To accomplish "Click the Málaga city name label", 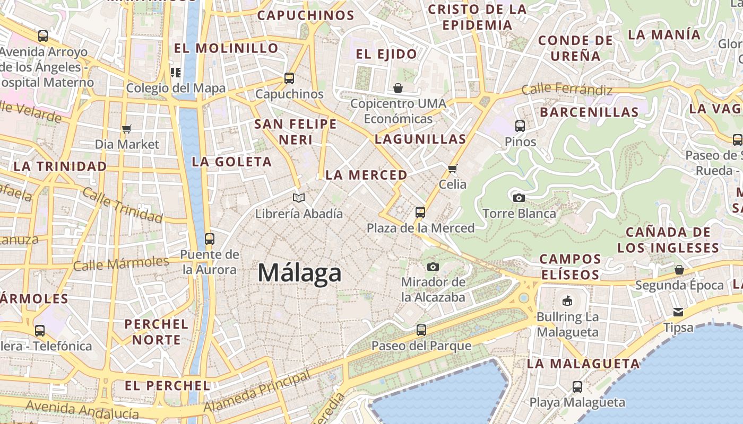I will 299,273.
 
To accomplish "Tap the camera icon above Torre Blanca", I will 519,198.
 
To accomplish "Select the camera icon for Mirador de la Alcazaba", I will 433,267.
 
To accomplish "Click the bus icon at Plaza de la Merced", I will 420,213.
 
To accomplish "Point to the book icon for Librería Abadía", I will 299,198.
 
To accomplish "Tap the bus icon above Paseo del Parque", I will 421,330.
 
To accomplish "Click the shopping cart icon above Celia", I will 452,169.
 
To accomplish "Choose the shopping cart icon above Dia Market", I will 126,129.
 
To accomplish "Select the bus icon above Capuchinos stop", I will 289,78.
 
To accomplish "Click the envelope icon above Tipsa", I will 678,312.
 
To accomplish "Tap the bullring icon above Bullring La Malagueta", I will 567,301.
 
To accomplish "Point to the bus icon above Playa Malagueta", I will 577,387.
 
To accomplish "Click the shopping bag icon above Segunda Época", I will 679,270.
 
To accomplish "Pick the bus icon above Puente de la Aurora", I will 210,238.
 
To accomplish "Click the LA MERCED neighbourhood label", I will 366,175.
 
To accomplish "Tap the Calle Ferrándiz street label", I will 567,90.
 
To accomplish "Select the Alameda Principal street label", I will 257,392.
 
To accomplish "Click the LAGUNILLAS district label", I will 420,139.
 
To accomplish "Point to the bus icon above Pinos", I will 520,126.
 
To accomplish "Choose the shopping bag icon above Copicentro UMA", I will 398,87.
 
